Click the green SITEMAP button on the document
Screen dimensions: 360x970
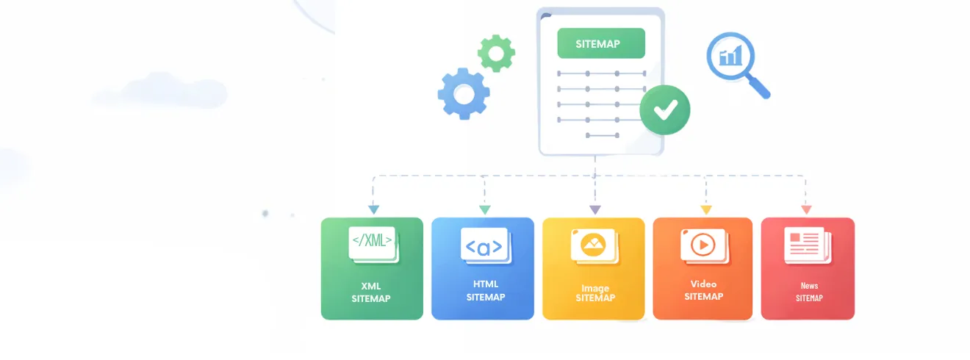tap(600, 43)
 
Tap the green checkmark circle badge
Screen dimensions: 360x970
tap(664, 110)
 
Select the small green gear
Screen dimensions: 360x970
tap(496, 53)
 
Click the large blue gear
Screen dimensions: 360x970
tap(464, 93)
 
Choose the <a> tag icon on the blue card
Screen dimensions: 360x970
tap(484, 245)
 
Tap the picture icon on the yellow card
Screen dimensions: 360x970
tap(593, 245)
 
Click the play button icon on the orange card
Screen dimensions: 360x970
tap(703, 245)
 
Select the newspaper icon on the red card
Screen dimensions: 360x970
tap(805, 245)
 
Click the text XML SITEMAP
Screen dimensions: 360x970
tap(371, 292)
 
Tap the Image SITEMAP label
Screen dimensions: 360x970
tap(594, 293)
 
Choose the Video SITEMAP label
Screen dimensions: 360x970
tap(703, 290)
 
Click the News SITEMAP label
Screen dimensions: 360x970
tap(809, 292)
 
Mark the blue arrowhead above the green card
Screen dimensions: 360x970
tap(373, 210)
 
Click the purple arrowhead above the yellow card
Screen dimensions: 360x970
tap(595, 210)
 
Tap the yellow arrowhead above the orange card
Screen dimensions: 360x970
tap(706, 210)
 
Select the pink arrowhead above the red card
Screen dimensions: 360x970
tap(806, 210)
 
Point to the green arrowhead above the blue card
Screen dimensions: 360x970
tap(484, 210)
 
